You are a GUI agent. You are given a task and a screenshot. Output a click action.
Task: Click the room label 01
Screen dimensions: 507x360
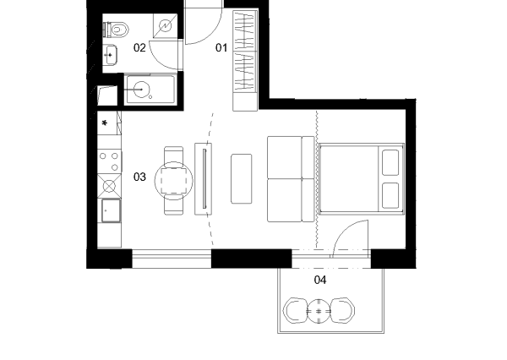(221, 48)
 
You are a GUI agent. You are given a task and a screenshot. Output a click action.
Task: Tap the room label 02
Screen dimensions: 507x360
(139, 48)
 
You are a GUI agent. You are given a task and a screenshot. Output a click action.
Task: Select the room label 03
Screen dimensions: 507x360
(139, 177)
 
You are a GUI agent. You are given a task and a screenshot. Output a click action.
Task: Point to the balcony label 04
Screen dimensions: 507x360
(320, 280)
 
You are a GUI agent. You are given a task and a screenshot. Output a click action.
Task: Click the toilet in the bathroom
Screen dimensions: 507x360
(117, 30)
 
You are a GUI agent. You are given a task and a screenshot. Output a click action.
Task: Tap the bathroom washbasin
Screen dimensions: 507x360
(110, 55)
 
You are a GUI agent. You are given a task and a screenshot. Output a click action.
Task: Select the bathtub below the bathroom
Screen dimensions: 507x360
(151, 90)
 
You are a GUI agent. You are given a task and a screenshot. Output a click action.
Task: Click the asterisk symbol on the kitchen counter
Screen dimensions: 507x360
(105, 123)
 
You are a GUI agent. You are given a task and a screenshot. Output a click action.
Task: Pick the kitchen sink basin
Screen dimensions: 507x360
(111, 210)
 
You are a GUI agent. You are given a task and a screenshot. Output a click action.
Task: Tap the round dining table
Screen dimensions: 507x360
(173, 181)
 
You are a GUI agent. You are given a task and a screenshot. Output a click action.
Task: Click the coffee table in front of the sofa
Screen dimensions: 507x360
(241, 179)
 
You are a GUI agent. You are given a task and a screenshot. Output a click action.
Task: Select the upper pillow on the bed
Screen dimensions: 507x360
(390, 162)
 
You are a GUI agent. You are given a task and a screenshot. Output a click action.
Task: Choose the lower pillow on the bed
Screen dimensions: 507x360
(390, 196)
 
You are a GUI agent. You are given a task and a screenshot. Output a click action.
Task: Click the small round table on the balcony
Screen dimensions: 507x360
(319, 312)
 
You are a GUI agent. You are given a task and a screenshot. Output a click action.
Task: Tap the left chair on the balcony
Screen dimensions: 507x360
(295, 310)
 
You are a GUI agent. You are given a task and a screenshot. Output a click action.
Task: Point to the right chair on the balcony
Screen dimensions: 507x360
(343, 310)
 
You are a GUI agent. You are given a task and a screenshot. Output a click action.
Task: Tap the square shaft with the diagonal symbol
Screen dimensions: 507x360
(166, 26)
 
